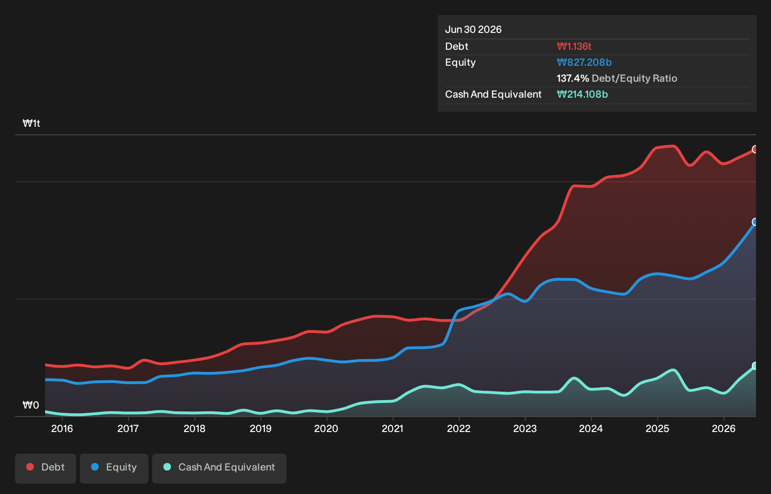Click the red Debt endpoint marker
point(755,149)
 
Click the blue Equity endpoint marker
point(755,222)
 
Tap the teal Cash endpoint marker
point(755,366)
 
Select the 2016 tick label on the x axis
point(62,429)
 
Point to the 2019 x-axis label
point(261,429)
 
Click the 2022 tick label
point(459,429)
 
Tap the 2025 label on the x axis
point(657,429)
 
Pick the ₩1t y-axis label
point(31,123)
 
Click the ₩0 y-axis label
point(31,405)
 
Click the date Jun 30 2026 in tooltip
point(473,30)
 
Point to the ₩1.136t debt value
point(574,46)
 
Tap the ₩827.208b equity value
point(584,62)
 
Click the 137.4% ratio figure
point(573,78)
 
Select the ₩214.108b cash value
point(582,94)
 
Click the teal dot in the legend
point(167,467)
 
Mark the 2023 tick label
point(525,429)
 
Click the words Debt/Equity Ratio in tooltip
point(634,78)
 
